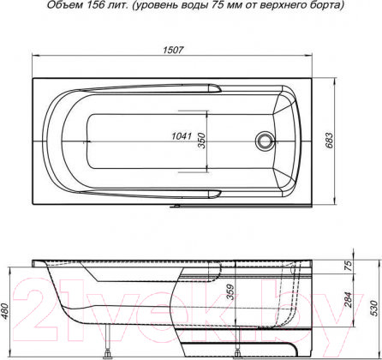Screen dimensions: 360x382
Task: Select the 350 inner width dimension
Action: point(201,139)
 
